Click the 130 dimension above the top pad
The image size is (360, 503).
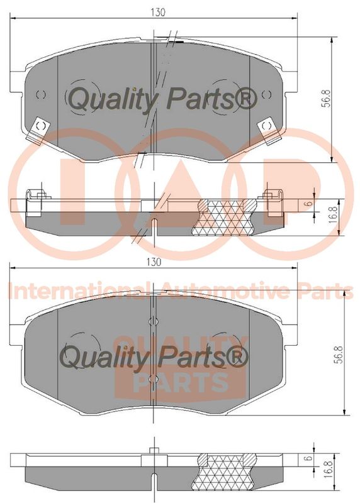(x=158, y=12)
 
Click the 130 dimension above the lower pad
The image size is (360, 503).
(x=154, y=262)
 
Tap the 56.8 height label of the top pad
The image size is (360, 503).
(x=326, y=99)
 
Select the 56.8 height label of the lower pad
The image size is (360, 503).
(x=340, y=354)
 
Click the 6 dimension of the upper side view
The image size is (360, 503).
(x=308, y=203)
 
